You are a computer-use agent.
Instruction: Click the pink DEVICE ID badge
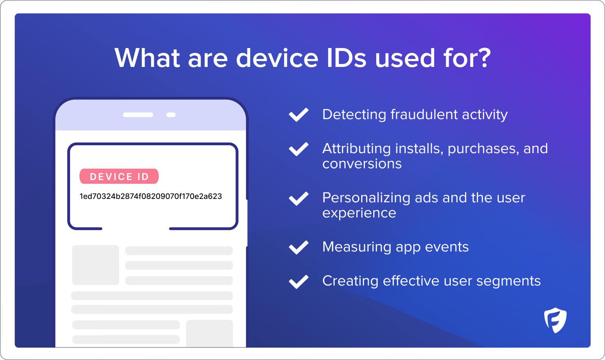119,176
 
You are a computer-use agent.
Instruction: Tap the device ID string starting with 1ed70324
150,196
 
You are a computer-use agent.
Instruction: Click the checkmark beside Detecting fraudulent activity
299,115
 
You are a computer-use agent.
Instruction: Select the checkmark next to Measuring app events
299,247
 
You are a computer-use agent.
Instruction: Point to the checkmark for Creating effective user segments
299,281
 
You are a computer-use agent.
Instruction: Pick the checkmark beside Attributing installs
299,149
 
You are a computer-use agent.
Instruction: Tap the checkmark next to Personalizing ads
299,198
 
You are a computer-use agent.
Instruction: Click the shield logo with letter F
555,320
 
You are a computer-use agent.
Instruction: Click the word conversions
362,164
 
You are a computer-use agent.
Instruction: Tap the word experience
359,213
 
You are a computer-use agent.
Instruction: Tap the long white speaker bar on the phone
138,115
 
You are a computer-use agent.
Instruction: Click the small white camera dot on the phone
171,115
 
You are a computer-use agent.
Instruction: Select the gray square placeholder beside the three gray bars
95,265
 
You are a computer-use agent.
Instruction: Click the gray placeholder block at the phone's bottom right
209,333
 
